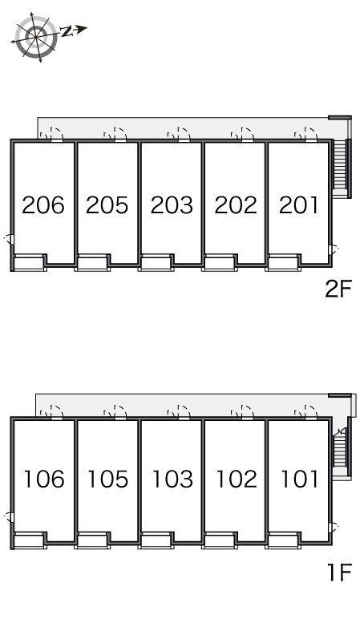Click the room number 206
coord(43,205)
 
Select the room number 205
coord(107,205)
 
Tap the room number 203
coord(172,205)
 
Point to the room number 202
coord(236,205)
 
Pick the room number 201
coord(298,205)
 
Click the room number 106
coord(44,479)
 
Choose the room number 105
coord(107,479)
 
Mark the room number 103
coord(172,479)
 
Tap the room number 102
coord(237,479)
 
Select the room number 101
coord(299,479)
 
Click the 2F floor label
coord(338,289)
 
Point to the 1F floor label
coord(340,572)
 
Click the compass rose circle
coord(36,37)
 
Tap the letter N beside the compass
coord(67,31)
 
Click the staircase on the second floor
coord(340,168)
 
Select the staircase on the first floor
coord(341,452)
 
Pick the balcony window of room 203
coord(156,263)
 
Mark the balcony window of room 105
coord(92,540)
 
